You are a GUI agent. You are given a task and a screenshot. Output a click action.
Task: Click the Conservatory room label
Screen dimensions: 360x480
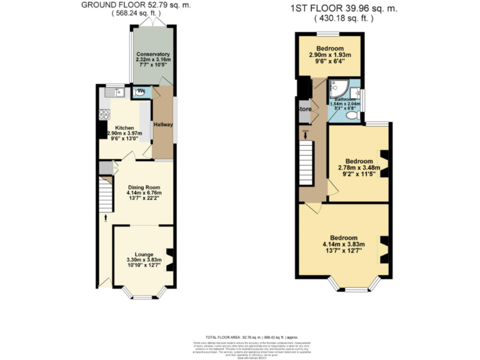click(153, 54)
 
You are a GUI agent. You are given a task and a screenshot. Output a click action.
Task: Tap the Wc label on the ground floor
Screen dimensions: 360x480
click(141, 92)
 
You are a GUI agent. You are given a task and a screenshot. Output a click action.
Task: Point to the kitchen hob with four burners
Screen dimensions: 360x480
click(104, 114)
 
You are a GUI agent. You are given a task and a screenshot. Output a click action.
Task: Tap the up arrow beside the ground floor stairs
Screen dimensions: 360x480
click(105, 218)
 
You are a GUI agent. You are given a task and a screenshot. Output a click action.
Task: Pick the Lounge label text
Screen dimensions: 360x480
click(144, 254)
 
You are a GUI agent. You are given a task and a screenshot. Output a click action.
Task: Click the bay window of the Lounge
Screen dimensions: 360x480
click(143, 294)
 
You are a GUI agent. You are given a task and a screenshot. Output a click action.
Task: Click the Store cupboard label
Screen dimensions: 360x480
click(304, 109)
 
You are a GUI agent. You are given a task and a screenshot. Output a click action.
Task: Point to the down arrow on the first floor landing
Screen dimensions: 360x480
click(305, 134)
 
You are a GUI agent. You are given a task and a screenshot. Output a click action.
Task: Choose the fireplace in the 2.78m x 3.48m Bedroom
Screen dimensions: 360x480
click(384, 163)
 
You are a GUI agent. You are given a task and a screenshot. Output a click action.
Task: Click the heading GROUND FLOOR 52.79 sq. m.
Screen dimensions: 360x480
click(144, 5)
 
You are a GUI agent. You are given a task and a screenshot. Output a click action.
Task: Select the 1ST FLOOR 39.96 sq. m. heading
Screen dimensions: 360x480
click(343, 9)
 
